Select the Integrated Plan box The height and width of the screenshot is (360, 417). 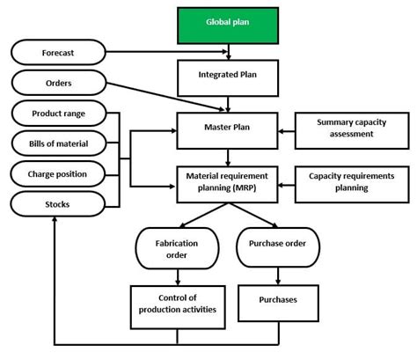pos(228,77)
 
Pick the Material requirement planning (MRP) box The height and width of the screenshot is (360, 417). pos(228,182)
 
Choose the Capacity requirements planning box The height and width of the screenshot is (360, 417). pos(351,182)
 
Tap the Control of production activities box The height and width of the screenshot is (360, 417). pos(176,305)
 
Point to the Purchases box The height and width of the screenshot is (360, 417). pos(277,300)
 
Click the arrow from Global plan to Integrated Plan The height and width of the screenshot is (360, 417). pos(228,51)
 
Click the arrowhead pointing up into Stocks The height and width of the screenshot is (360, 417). pos(54,221)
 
